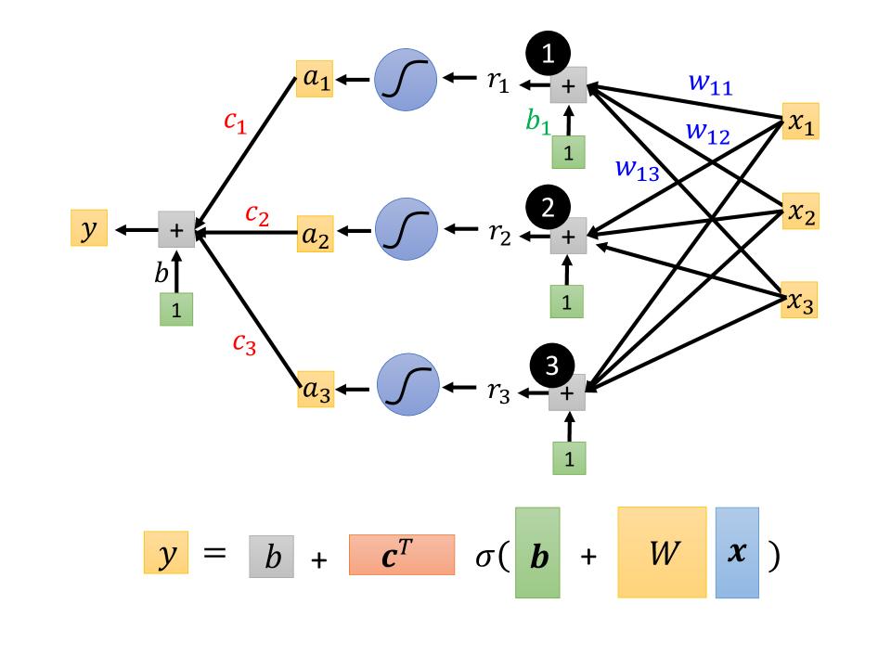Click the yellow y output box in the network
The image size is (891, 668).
pyautogui.click(x=89, y=227)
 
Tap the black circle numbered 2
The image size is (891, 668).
pyautogui.click(x=548, y=206)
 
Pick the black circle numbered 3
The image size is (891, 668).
pyautogui.click(x=551, y=366)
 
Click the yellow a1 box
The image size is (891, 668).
pyautogui.click(x=315, y=80)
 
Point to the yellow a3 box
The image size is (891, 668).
pyautogui.click(x=316, y=391)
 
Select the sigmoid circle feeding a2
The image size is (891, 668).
pyautogui.click(x=406, y=231)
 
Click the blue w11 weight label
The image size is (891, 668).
pyautogui.click(x=710, y=83)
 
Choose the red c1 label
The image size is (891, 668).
pyautogui.click(x=235, y=122)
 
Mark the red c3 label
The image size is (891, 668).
pyautogui.click(x=243, y=343)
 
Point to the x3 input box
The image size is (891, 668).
pyautogui.click(x=799, y=302)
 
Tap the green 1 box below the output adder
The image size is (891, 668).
pyautogui.click(x=176, y=309)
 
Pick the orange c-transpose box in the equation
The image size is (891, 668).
pyautogui.click(x=402, y=555)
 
